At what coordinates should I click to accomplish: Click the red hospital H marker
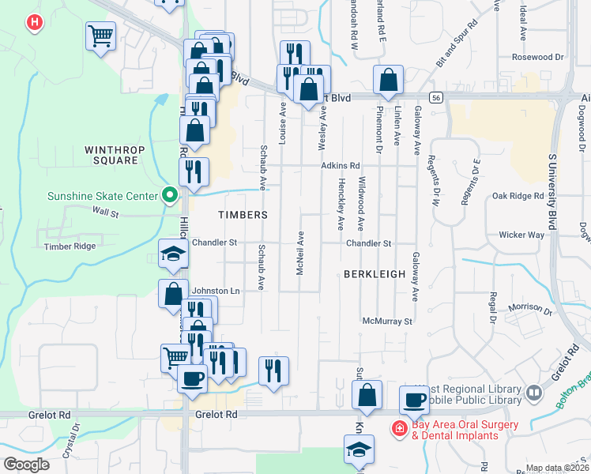pos(34,23)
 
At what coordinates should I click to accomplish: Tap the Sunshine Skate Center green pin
pos(168,195)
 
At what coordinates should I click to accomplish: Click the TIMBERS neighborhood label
pos(243,215)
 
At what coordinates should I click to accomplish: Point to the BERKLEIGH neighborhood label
pos(374,273)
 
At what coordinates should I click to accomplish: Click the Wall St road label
pos(104,212)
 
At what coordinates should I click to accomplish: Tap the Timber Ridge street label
pos(70,246)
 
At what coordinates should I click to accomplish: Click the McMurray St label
pos(388,322)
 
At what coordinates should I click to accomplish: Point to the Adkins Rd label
pos(341,166)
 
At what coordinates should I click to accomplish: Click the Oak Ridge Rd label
pos(518,195)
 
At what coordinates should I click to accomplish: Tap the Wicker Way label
pos(521,235)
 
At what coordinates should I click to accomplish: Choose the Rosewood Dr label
pos(537,57)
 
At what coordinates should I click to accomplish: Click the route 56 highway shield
pos(436,96)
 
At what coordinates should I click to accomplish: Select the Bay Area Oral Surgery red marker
pos(400,429)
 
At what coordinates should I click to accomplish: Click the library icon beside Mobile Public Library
pos(535,393)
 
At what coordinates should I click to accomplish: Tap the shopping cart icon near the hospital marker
pos(100,36)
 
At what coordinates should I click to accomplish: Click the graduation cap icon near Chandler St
pos(173,254)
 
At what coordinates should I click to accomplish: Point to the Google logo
pos(26,465)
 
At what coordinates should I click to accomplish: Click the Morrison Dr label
pos(529,307)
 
